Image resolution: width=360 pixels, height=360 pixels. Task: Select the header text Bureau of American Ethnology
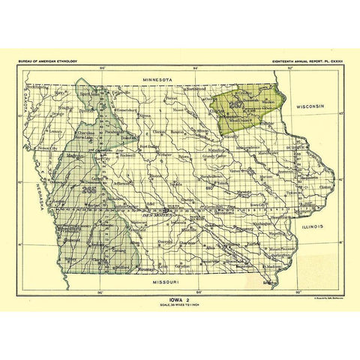click(x=49, y=58)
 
